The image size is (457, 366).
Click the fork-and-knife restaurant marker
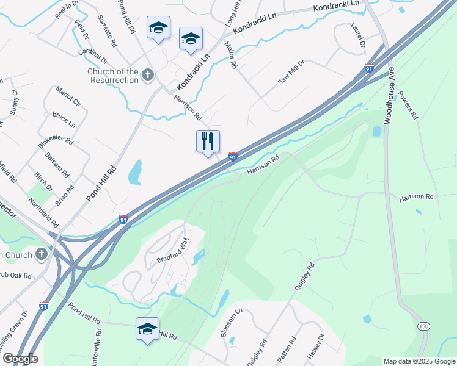(208, 142)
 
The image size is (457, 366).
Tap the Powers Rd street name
(408, 105)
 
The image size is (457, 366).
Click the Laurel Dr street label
(357, 36)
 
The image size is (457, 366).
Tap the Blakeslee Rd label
(55, 145)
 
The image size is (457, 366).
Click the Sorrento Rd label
(107, 32)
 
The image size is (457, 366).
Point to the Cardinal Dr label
(92, 56)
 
